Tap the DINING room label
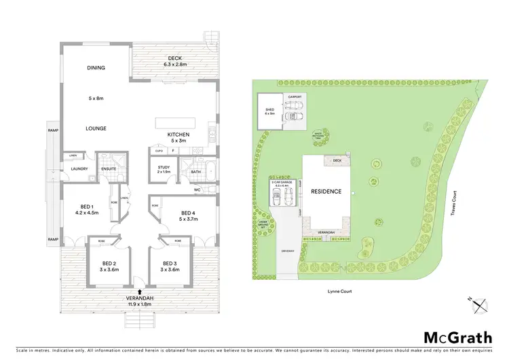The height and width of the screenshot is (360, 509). click(96, 68)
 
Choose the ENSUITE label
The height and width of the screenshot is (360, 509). click(109, 168)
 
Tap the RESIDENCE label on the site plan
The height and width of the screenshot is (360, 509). click(326, 192)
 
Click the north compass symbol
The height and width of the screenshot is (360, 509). click(480, 305)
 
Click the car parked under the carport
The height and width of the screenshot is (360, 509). click(295, 115)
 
